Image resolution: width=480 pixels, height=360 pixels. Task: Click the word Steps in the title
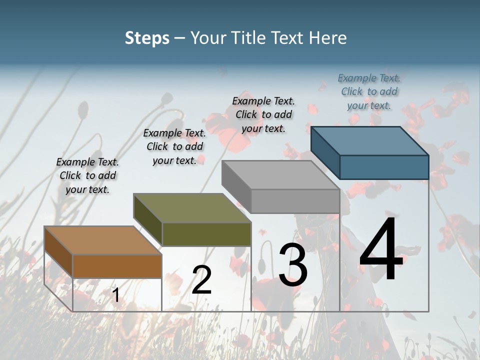147,38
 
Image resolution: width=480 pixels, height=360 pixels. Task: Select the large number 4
381,250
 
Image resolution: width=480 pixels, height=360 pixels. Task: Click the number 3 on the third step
293,265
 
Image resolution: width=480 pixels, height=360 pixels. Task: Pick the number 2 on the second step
201,280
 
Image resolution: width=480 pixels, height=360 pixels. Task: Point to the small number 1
115,295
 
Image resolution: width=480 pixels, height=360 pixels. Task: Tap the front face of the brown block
117,266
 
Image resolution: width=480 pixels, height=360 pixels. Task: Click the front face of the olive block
206,234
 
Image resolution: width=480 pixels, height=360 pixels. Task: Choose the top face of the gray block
280,175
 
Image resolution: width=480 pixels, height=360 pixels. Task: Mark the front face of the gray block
295,201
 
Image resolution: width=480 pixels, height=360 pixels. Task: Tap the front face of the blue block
384,167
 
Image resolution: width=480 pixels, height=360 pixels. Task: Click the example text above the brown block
87,175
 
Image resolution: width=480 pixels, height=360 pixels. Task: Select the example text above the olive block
174,146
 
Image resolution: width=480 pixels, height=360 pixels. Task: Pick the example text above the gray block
263,114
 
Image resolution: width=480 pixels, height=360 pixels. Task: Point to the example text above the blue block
369,91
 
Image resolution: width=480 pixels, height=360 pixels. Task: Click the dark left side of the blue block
325,152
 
